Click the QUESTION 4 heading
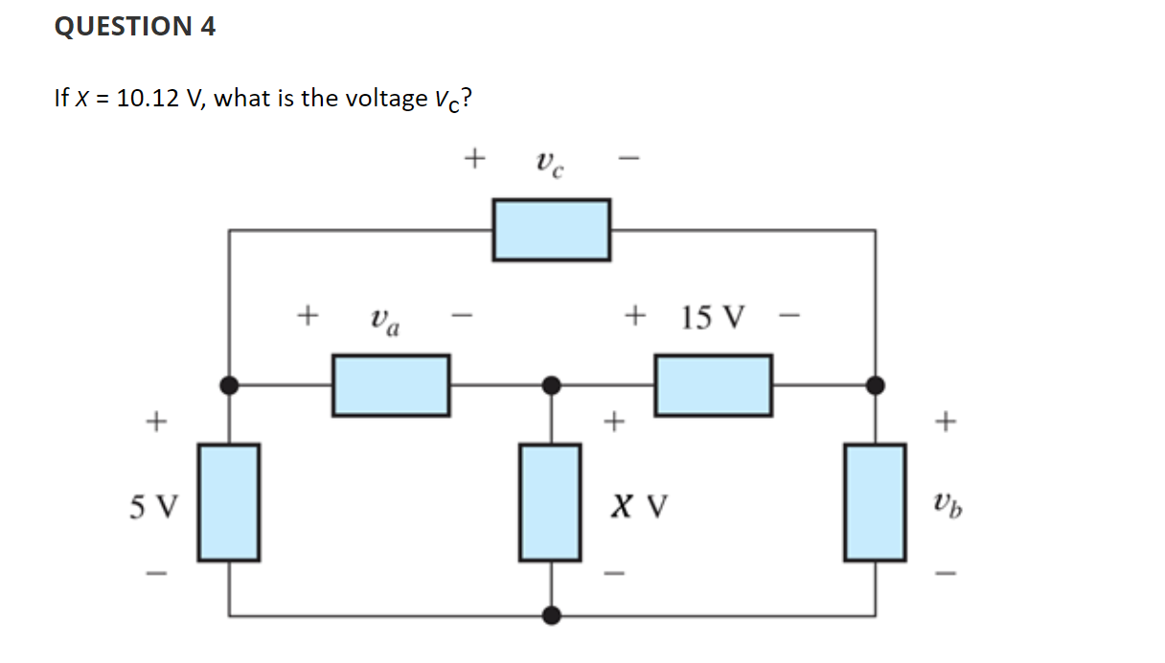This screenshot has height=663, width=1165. point(135,27)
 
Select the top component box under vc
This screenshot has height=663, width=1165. point(551,230)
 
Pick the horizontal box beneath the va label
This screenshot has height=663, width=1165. point(391,385)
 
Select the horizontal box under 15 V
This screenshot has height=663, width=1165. point(713,385)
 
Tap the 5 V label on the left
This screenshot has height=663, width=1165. point(153,504)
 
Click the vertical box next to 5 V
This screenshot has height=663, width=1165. point(228,502)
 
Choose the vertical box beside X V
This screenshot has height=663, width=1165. point(550,502)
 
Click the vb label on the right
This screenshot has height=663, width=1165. point(946,502)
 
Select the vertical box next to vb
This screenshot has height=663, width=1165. point(874,502)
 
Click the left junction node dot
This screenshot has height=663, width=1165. point(228,385)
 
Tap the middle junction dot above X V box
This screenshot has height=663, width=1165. point(551,385)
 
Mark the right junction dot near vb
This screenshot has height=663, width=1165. point(874,385)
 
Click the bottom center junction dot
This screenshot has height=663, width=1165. point(551,614)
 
